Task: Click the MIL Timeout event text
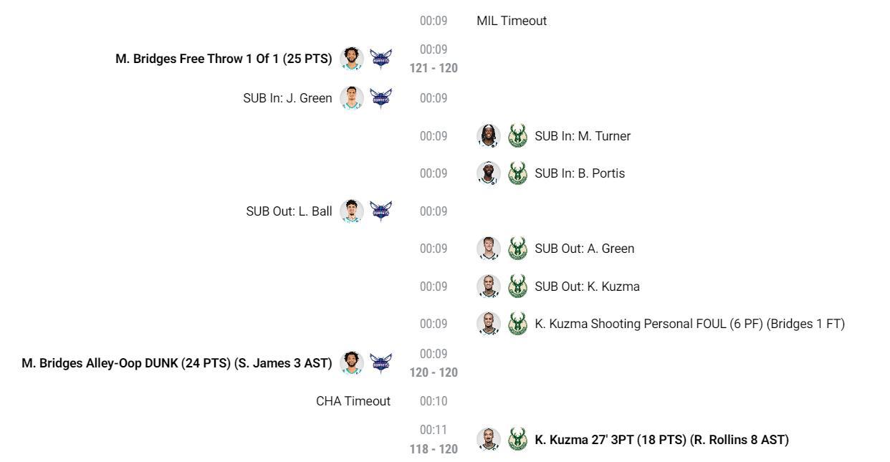(511, 21)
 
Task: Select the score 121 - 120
(434, 68)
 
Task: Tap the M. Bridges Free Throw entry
(224, 59)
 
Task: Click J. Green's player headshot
(351, 97)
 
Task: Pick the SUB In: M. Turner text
(583, 136)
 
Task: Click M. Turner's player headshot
(488, 135)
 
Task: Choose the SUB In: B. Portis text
(579, 173)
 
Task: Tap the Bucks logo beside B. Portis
(517, 173)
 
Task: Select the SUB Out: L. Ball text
(289, 211)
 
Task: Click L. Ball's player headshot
(351, 211)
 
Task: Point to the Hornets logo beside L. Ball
(381, 211)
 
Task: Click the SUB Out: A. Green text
(584, 249)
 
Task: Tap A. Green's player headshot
(488, 249)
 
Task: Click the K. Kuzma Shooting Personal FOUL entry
(689, 324)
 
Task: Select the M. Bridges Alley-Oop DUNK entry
(176, 363)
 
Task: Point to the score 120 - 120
(434, 372)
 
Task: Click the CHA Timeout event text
(353, 401)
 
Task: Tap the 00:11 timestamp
(434, 429)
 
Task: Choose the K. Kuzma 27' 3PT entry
(661, 439)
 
